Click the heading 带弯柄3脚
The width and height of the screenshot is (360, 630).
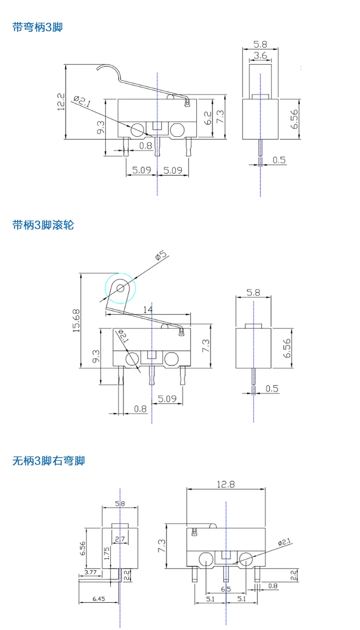coord(37,27)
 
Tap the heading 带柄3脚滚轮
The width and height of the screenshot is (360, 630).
coord(43,224)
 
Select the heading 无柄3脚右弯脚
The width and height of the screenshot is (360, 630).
coord(48,461)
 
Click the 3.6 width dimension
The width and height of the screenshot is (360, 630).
coord(260,56)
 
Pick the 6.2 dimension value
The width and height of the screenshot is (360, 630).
coord(207,118)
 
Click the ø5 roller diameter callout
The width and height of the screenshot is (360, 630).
coord(161,255)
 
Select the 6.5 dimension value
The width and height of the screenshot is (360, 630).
coord(226,589)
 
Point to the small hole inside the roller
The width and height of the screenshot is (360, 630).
coord(120,288)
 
